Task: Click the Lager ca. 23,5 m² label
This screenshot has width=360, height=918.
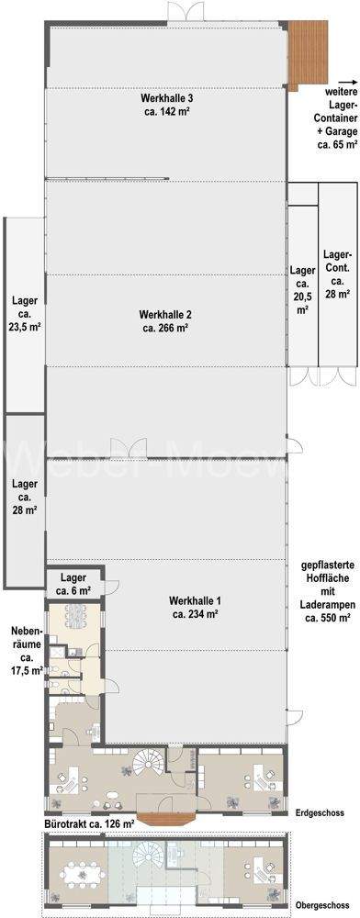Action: click(25, 314)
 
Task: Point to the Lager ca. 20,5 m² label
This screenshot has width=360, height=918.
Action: click(303, 290)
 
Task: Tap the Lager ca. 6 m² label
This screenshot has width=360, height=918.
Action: click(73, 583)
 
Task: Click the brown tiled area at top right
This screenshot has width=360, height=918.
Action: click(308, 54)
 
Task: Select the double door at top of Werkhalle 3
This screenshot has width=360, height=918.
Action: click(186, 13)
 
